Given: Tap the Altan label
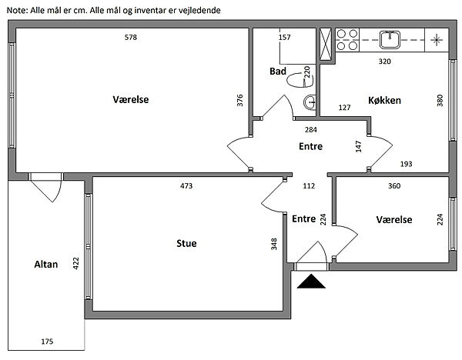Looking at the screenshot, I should point(45,264).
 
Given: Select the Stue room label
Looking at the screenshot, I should point(186,244).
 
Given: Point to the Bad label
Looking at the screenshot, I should point(278,72).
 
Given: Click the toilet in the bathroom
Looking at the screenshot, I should point(295,78).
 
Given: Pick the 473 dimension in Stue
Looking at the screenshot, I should point(186,186).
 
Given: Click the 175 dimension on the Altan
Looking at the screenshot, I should point(46,341).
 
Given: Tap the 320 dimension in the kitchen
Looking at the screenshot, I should point(383,61).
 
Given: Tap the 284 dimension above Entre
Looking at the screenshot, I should point(310,130).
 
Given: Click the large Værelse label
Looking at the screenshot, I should point(130,100).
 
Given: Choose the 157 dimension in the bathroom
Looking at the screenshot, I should point(284,38).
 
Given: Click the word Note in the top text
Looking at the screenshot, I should point(16,10).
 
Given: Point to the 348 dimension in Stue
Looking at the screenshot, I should point(274,245).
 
